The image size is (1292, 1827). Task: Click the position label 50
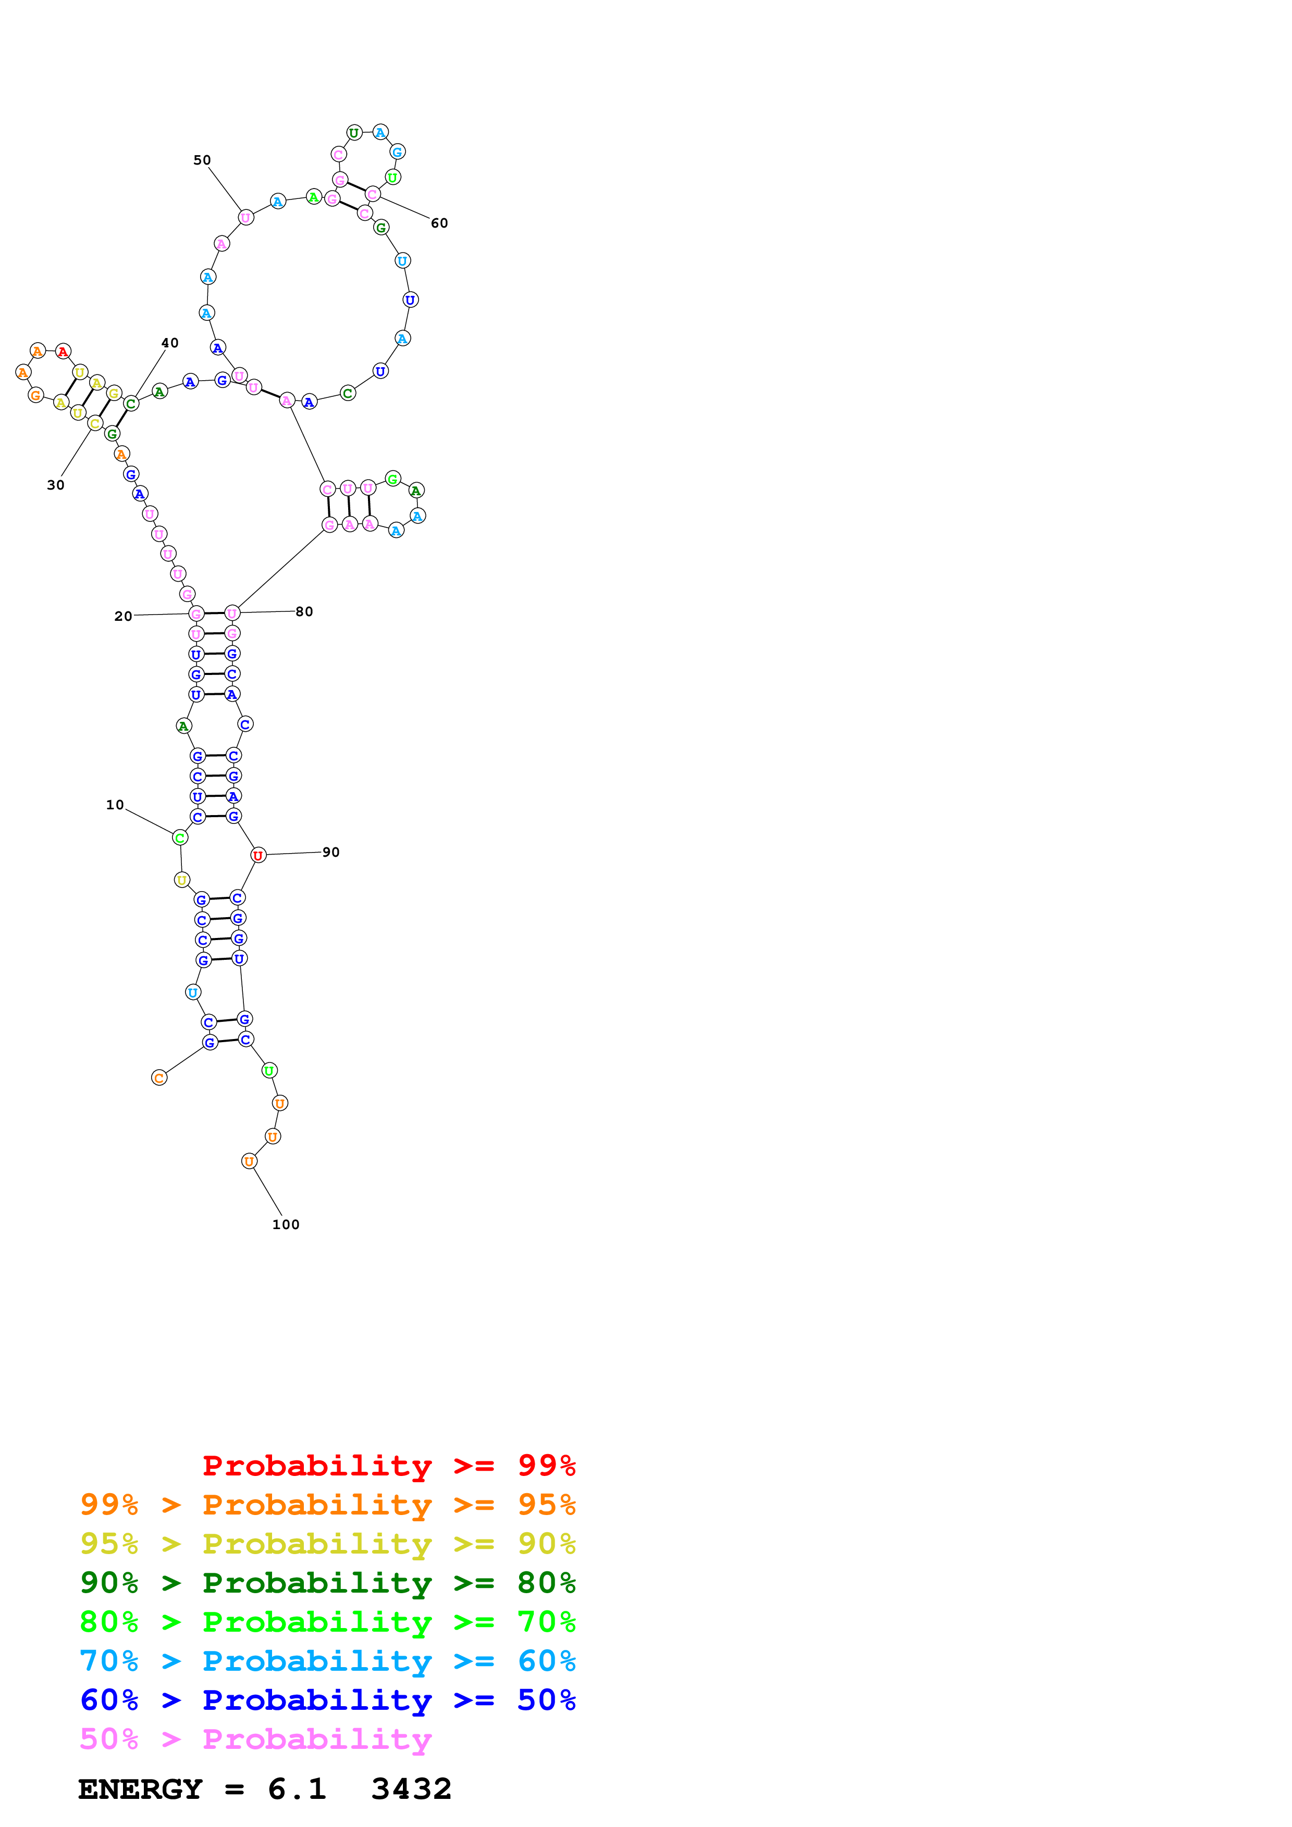pyautogui.click(x=202, y=160)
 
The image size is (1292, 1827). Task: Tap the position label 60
pyautogui.click(x=439, y=223)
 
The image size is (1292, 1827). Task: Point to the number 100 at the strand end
pyautogui.click(x=286, y=1224)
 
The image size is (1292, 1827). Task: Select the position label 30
pyautogui.click(x=56, y=484)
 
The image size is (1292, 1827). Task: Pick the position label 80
pyautogui.click(x=304, y=611)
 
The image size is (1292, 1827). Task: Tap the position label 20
pyautogui.click(x=124, y=616)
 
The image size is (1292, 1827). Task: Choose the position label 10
pyautogui.click(x=115, y=805)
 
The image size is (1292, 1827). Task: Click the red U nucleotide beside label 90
pyautogui.click(x=258, y=855)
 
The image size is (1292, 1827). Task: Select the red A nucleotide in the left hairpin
pyautogui.click(x=63, y=351)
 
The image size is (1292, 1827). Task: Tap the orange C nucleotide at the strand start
pyautogui.click(x=159, y=1078)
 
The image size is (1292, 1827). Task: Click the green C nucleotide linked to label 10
pyautogui.click(x=181, y=837)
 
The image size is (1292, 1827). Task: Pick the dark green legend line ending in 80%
pyautogui.click(x=327, y=1583)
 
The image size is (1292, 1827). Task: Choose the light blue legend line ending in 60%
pyautogui.click(x=327, y=1661)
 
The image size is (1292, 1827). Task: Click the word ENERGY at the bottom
pyautogui.click(x=140, y=1790)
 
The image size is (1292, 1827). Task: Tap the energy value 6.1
pyautogui.click(x=297, y=1790)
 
